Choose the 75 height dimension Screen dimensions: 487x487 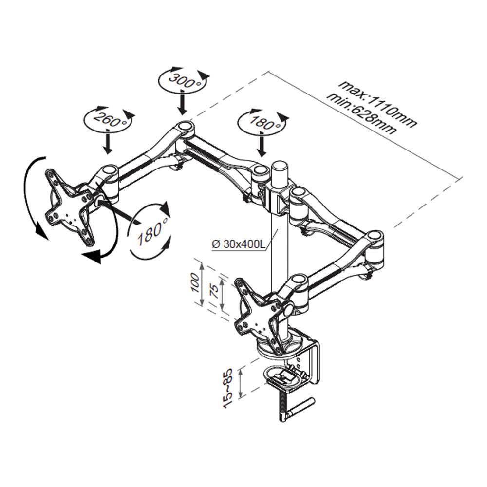coord(213,293)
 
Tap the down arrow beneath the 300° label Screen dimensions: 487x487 coord(182,102)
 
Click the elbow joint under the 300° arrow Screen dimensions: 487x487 coord(185,127)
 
